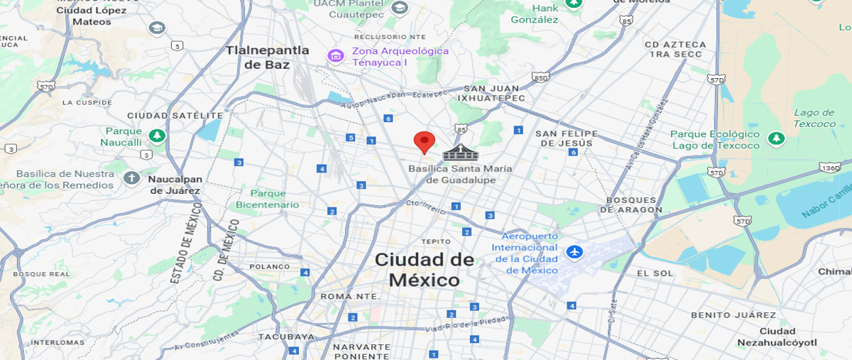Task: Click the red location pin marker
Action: click(x=424, y=141)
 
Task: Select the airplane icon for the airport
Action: click(x=574, y=252)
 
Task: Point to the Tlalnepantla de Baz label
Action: click(x=267, y=57)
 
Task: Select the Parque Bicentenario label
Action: click(x=268, y=199)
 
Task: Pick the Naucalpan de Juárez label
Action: click(x=175, y=185)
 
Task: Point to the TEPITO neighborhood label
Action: click(x=436, y=241)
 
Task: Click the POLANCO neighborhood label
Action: click(x=270, y=267)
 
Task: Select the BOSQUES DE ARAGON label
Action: click(x=631, y=204)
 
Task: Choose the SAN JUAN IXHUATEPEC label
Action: click(x=491, y=92)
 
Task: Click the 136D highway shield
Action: click(x=829, y=168)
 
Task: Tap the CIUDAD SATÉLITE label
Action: click(x=175, y=115)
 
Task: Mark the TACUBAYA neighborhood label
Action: click(x=285, y=336)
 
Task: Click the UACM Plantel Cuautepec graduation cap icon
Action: click(x=400, y=8)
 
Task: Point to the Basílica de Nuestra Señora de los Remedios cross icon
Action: click(x=131, y=178)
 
